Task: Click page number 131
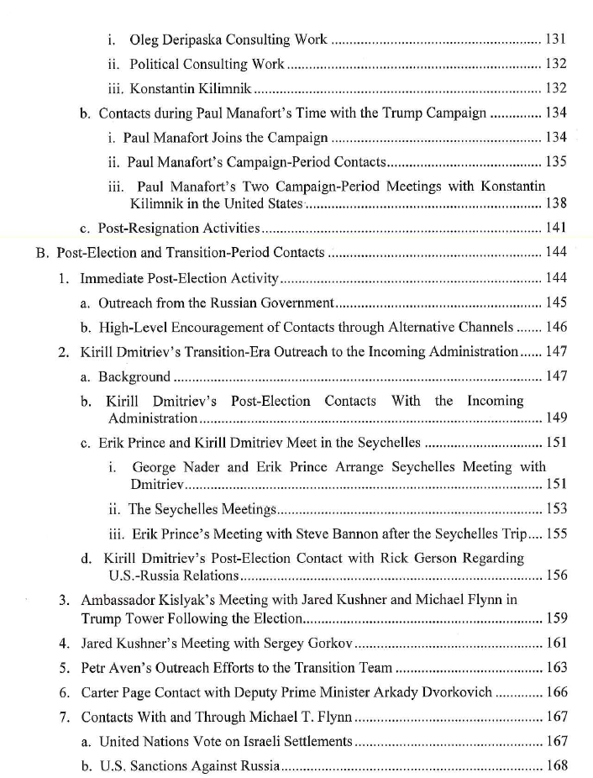556,39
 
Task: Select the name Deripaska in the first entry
193,39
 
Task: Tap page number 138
556,203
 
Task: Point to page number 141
556,228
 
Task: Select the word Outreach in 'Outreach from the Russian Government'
126,302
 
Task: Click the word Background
134,376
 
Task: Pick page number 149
556,418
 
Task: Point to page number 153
556,508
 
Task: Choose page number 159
556,618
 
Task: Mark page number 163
556,668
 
